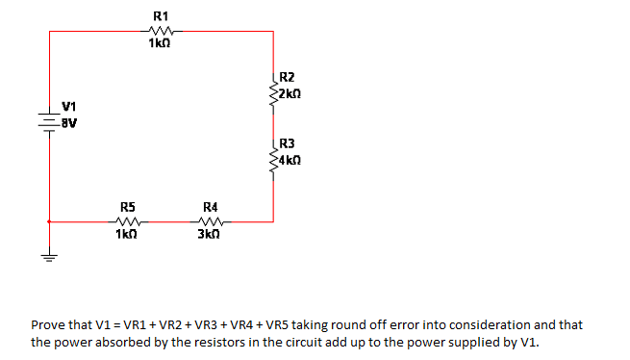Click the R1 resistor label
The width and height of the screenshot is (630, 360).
tap(161, 16)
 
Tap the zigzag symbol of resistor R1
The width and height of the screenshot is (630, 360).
tap(161, 31)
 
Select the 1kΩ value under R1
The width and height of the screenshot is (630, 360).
tap(161, 44)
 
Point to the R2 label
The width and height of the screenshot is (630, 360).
tap(286, 77)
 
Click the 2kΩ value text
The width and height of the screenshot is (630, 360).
tap(290, 93)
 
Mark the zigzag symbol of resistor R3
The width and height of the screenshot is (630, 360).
tap(274, 155)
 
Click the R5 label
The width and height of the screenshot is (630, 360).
tap(127, 206)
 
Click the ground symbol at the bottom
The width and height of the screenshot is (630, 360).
tap(48, 257)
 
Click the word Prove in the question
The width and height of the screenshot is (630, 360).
tap(49, 325)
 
